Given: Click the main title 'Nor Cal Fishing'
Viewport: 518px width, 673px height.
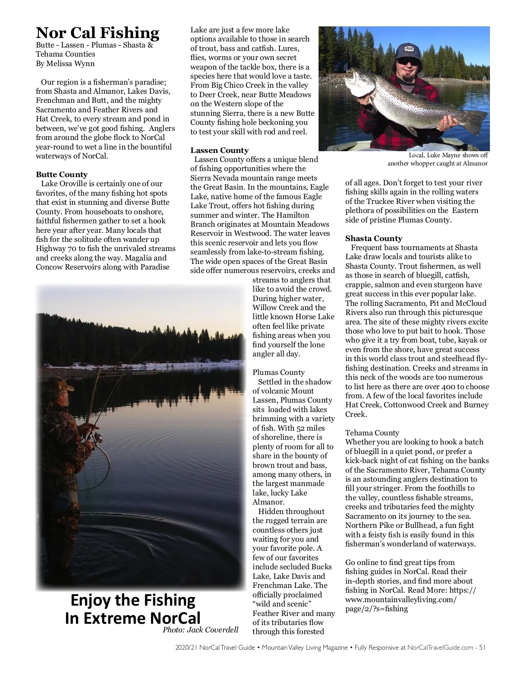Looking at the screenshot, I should pos(98,33).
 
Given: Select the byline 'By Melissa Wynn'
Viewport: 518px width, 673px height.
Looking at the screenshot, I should pos(65,63).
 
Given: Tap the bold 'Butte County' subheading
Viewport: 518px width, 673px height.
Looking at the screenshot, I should pos(62,175).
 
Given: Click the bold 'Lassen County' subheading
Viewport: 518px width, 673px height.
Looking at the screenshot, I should pos(219,150).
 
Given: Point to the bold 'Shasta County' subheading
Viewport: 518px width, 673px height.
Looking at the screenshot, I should pos(373,238).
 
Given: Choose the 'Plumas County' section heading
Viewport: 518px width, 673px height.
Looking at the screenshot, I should pos(278,372).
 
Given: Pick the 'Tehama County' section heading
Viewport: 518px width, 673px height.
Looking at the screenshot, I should pos(372,433).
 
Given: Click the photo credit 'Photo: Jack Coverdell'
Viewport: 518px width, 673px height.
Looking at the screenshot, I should pos(200,630).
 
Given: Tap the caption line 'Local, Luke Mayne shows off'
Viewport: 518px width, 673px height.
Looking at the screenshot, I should pos(448,155).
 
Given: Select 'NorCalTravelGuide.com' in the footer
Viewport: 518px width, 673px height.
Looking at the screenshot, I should pos(440,648).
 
